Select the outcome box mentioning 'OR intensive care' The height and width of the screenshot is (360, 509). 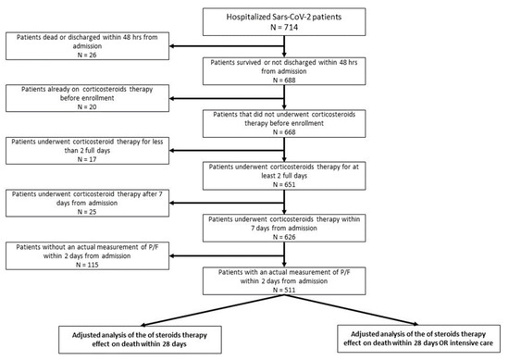420,337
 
